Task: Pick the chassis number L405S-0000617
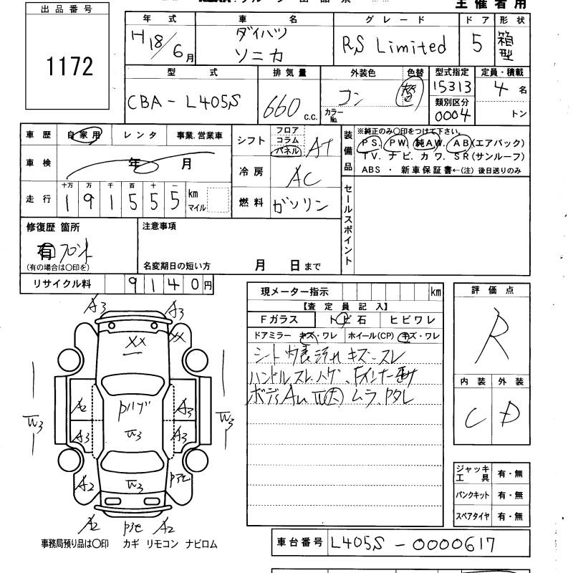tap(413, 544)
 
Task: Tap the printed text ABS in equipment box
tap(372, 170)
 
